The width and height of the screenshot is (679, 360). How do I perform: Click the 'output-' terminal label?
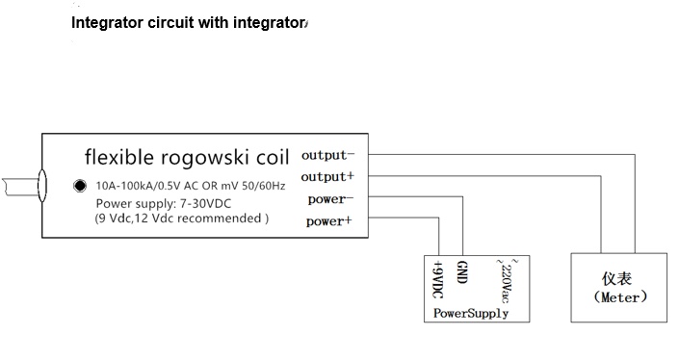pyautogui.click(x=328, y=155)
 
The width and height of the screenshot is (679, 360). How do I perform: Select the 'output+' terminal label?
pyautogui.click(x=328, y=177)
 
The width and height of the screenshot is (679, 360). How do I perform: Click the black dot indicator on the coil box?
pyautogui.click(x=80, y=186)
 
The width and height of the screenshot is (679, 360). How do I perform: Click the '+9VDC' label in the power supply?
pyautogui.click(x=439, y=280)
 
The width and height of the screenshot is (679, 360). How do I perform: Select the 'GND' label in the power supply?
pyautogui.click(x=462, y=273)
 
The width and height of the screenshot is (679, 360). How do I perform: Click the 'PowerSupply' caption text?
pyautogui.click(x=471, y=314)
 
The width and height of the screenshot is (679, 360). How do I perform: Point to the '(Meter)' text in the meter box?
pyautogui.click(x=618, y=297)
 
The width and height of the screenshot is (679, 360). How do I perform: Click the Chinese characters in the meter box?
pyautogui.click(x=618, y=277)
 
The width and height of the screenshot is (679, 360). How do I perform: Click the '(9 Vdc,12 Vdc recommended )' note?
pyautogui.click(x=181, y=219)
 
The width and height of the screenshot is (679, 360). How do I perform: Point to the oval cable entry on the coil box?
pyautogui.click(x=42, y=182)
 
